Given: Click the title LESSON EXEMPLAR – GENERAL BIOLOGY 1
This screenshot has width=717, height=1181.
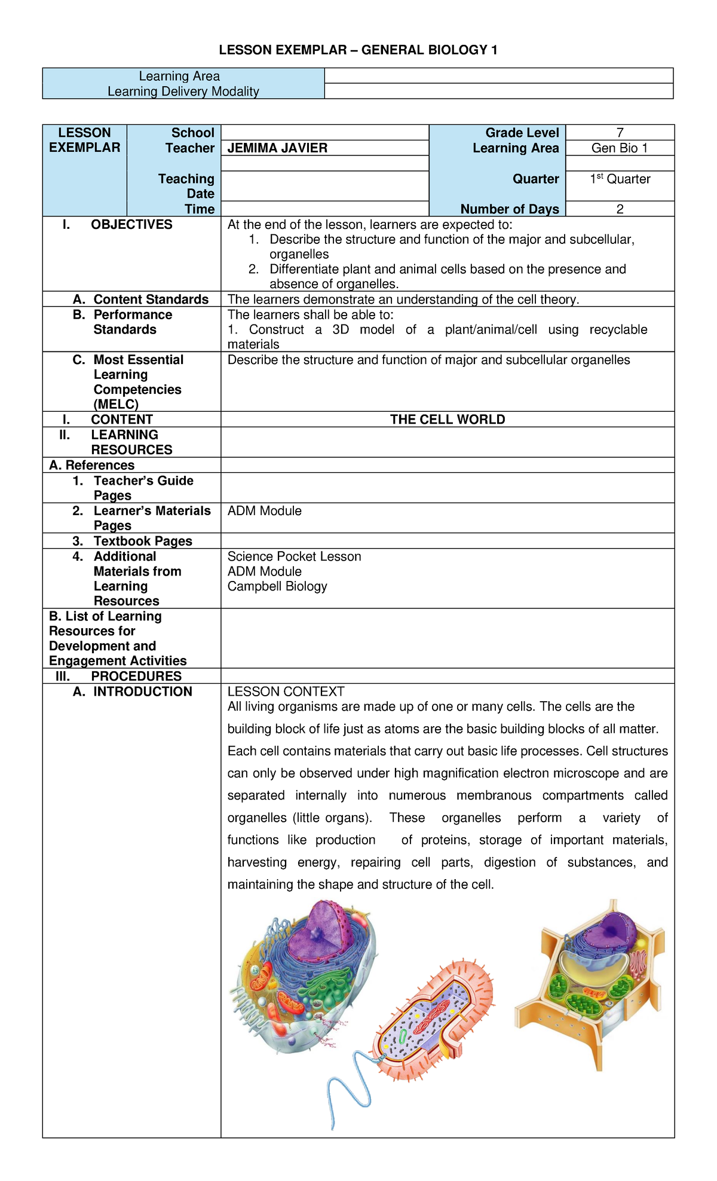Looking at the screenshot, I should coord(358,50).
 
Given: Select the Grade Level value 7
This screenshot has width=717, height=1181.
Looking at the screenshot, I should coord(620,133).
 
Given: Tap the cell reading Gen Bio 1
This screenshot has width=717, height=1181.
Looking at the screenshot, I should coord(620,148).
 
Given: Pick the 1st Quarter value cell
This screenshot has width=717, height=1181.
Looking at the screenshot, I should coord(620,179).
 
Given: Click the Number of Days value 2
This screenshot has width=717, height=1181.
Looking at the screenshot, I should coord(620,209).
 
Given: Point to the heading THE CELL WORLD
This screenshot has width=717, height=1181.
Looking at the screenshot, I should coord(448,420).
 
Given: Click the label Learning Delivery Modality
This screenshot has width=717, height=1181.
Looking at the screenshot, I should coord(183,91).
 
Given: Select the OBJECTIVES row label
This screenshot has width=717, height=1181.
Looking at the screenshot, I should coord(131,225).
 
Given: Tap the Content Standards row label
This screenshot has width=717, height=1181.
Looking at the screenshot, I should coord(151,299).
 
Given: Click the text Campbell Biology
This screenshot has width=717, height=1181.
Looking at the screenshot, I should coord(277,586).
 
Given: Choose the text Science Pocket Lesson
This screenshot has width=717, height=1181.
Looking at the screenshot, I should coord(294,556).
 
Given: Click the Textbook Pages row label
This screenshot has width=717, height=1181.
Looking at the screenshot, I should coord(142,541).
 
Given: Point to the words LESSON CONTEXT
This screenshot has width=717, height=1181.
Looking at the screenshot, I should coord(286,692).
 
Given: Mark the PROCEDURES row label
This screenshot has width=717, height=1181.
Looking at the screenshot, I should coord(136,676).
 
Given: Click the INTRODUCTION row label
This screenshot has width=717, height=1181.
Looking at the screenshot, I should coord(142,692).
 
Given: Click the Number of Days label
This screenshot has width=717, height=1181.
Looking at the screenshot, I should coord(509,209).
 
